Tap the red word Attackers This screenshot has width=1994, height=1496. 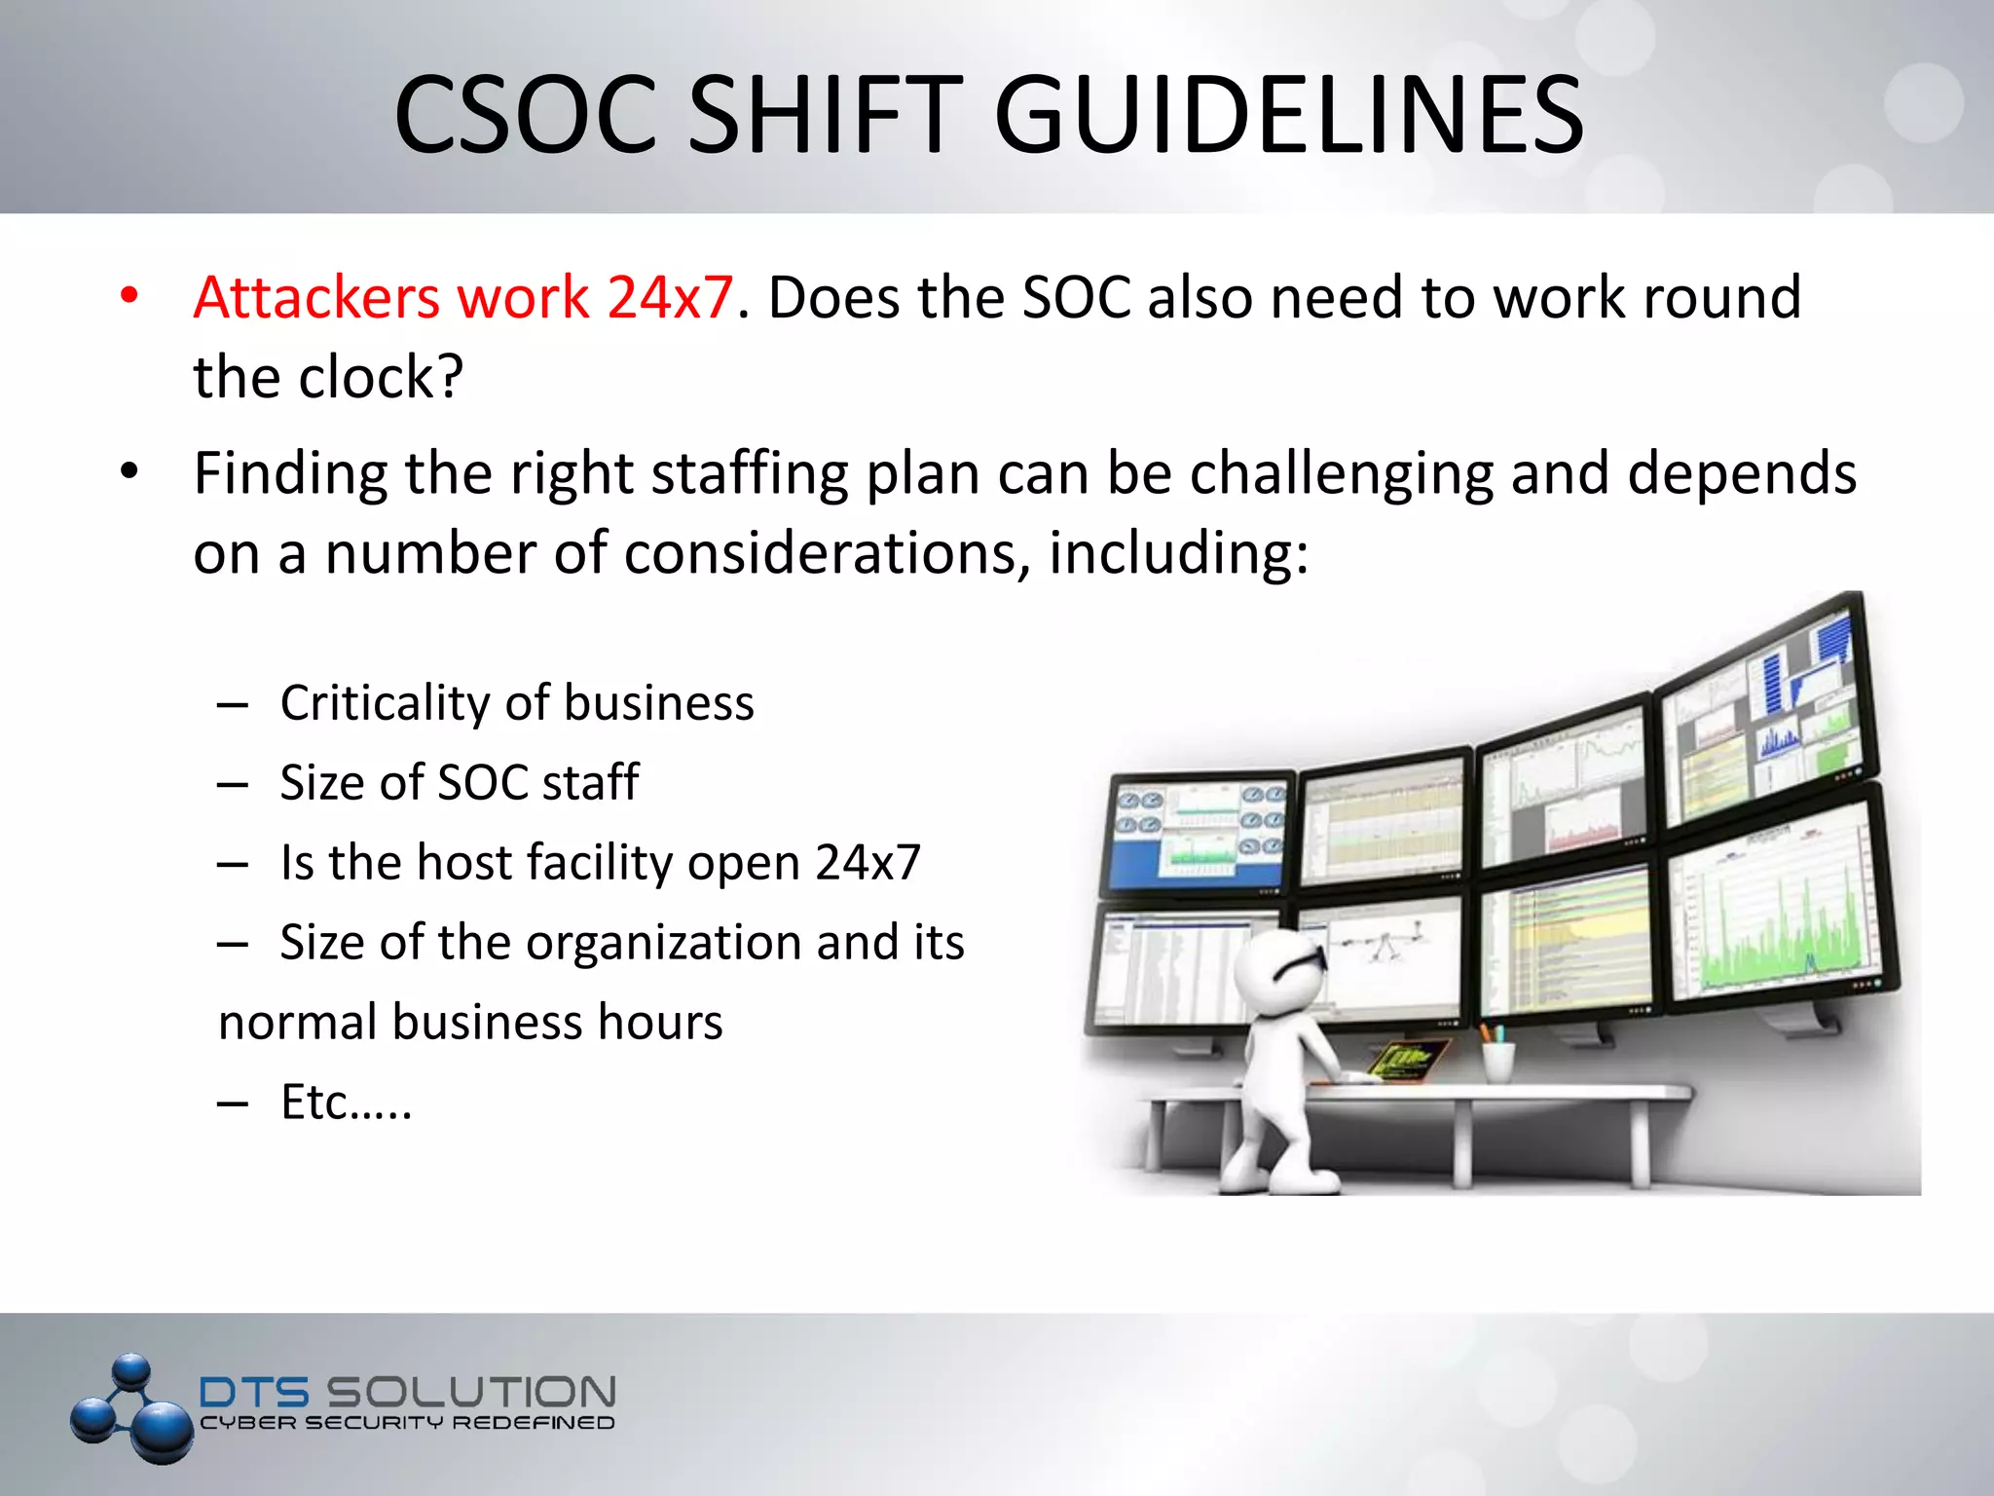point(315,297)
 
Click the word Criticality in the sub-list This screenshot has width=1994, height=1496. point(385,703)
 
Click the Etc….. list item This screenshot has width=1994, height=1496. point(346,1103)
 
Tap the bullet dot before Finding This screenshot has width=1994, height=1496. point(129,472)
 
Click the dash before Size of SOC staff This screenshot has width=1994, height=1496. point(233,784)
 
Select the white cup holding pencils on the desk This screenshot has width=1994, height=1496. point(1498,1060)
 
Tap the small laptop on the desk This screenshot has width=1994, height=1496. point(1407,1060)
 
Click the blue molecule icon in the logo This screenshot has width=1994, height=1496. point(132,1408)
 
